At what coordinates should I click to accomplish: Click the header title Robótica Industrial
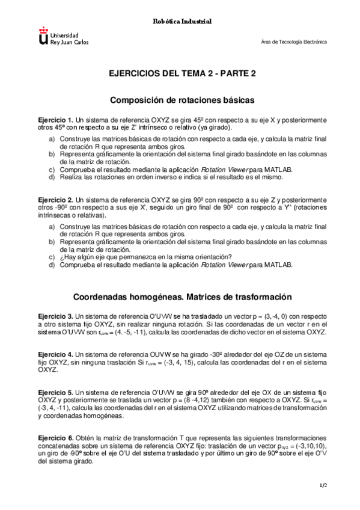[x=180, y=22]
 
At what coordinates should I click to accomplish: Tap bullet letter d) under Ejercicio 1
[x=52, y=177]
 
